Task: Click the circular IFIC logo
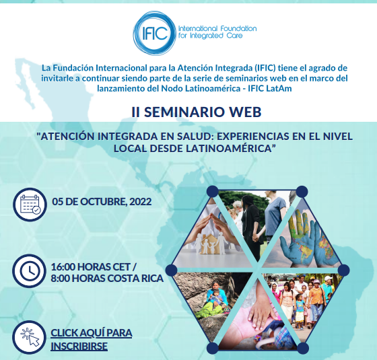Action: click(154, 33)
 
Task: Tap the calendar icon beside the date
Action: click(30, 205)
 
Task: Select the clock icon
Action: click(30, 271)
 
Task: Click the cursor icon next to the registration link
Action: click(30, 337)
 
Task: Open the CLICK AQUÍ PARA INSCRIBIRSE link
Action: click(92, 340)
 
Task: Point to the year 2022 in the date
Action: click(141, 202)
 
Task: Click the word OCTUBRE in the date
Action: click(103, 202)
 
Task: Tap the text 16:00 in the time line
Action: click(63, 266)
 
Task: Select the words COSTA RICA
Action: click(135, 279)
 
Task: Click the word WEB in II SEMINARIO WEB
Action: click(241, 112)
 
